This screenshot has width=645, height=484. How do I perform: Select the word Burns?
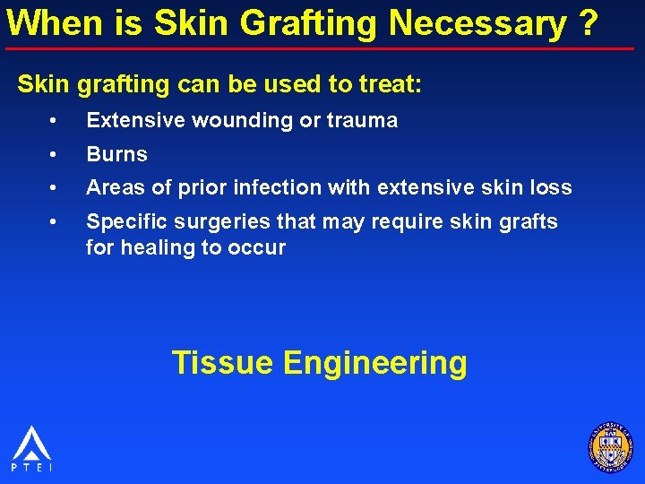pyautogui.click(x=116, y=154)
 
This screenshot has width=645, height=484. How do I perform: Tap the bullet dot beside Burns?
pyautogui.click(x=56, y=154)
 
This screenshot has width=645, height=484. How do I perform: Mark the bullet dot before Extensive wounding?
pyautogui.click(x=56, y=120)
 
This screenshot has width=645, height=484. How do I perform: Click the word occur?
pyautogui.click(x=259, y=247)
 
